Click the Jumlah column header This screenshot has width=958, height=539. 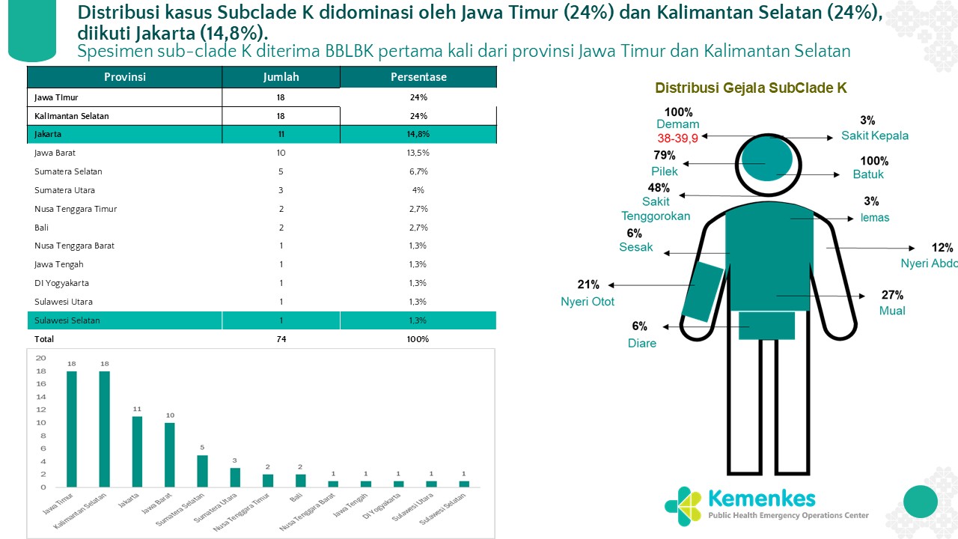(281, 77)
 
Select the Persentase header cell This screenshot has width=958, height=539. (418, 77)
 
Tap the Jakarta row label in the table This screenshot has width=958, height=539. (48, 134)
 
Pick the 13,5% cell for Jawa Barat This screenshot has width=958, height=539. (418, 153)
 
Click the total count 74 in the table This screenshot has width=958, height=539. (281, 339)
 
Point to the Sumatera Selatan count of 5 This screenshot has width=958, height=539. (281, 171)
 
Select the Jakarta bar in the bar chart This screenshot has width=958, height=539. (137, 451)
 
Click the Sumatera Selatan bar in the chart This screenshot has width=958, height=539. (202, 471)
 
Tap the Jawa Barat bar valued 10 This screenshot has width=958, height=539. (170, 454)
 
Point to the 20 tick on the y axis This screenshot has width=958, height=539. (41, 358)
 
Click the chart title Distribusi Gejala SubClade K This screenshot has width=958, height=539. (751, 88)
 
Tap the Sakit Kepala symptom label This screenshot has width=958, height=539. (874, 135)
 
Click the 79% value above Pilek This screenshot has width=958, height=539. (664, 156)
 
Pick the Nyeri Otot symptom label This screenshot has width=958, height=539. (588, 302)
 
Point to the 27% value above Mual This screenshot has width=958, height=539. (892, 295)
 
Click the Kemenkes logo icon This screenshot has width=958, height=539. (683, 504)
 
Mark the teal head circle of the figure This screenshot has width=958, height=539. (765, 162)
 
